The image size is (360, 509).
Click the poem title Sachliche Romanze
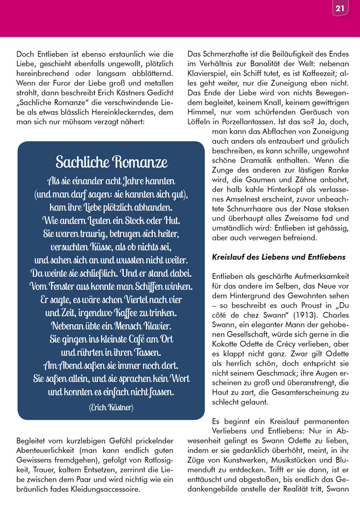(111, 162)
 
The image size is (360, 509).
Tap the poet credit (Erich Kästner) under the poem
(111, 407)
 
